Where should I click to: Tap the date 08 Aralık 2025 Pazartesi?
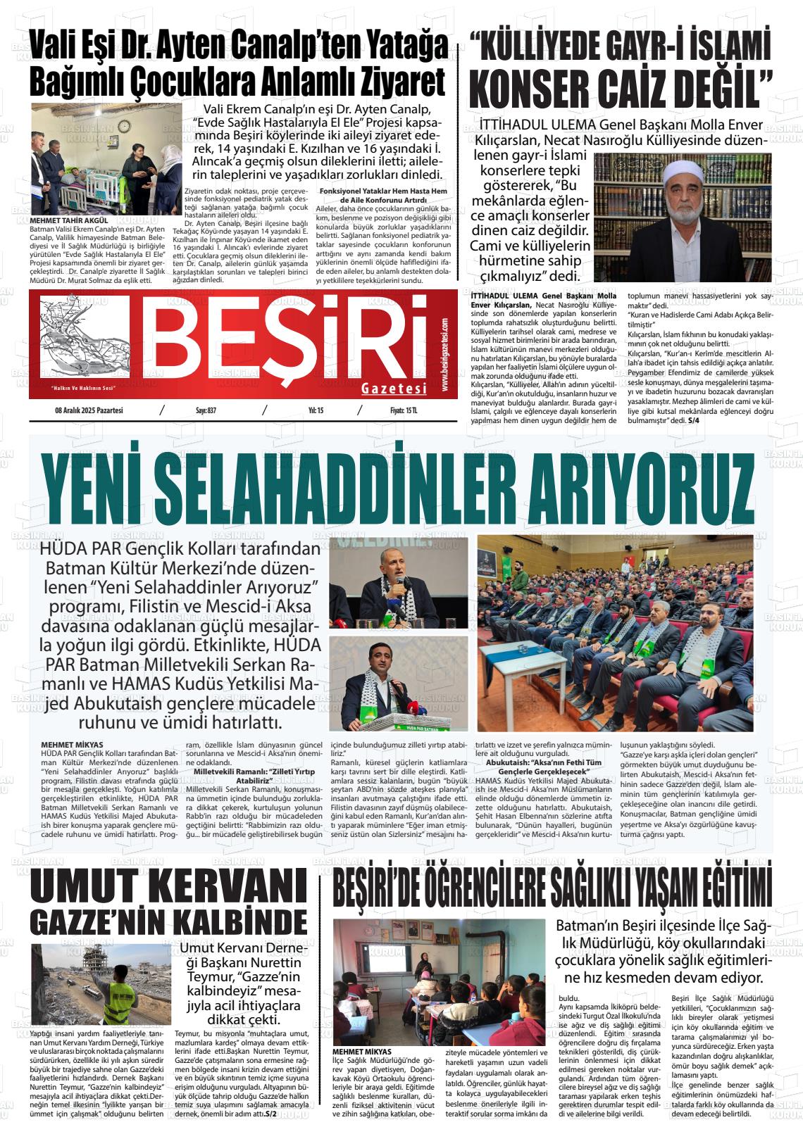tap(89, 410)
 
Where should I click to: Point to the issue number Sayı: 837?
tap(206, 410)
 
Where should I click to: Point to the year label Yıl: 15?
tap(316, 410)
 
